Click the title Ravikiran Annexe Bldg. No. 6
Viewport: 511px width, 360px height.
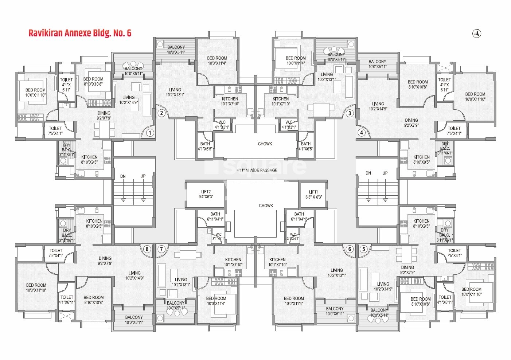tap(80, 33)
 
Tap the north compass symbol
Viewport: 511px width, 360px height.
tap(477, 34)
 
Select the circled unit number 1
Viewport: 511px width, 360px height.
tap(149, 133)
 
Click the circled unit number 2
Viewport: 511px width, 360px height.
tap(161, 113)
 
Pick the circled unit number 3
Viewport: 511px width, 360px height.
tap(350, 113)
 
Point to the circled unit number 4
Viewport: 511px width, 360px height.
tap(362, 132)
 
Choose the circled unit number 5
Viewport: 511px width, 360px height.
tap(363, 249)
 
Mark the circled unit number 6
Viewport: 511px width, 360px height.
tap(350, 249)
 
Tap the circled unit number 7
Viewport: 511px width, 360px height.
tap(161, 249)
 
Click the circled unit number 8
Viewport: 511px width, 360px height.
tap(147, 249)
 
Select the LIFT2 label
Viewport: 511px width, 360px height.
tap(206, 192)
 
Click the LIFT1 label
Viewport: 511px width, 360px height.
tap(313, 192)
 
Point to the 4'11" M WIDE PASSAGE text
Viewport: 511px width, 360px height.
tap(257, 170)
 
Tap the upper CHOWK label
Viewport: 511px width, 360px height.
tap(265, 144)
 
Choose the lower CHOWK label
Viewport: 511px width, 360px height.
tap(266, 206)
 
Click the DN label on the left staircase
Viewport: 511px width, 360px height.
tap(123, 176)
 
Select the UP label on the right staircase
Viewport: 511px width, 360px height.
tap(385, 173)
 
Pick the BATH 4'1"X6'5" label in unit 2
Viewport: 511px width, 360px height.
tap(205, 146)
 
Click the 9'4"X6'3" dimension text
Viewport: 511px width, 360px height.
tap(206, 197)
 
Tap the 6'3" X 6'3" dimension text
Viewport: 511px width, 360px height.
tap(313, 197)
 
